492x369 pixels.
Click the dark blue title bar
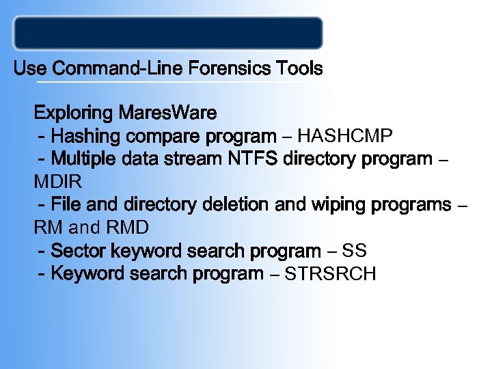[x=168, y=32]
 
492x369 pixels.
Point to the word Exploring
[x=73, y=112]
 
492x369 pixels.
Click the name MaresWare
[x=167, y=112]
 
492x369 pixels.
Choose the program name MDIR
[x=58, y=182]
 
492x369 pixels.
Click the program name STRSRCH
[x=331, y=275]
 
